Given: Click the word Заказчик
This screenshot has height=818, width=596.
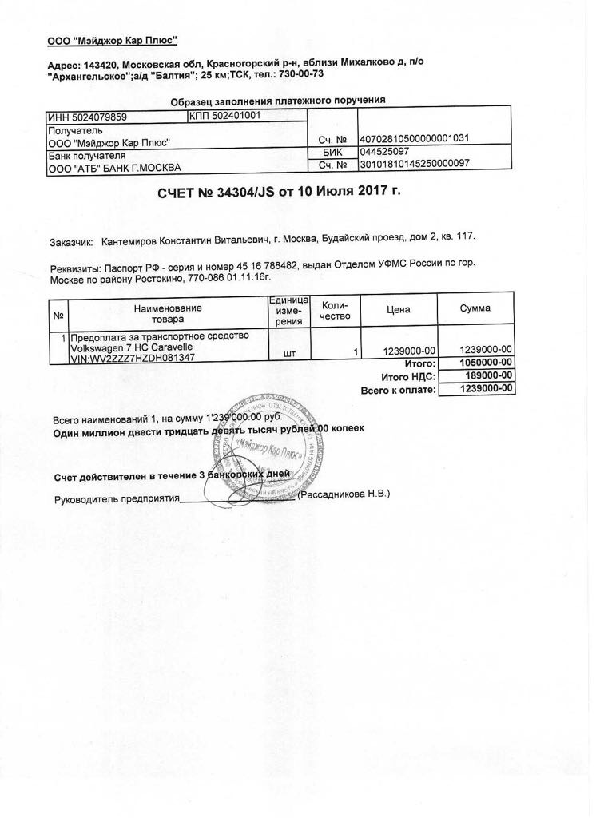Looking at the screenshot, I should point(71,240).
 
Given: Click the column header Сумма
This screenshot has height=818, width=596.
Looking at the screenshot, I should point(475,308).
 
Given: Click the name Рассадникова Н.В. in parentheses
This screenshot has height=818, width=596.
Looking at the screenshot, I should point(344,494).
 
